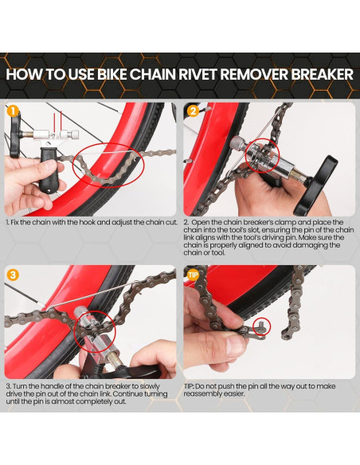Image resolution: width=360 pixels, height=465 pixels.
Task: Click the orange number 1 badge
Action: pyautogui.click(x=14, y=111)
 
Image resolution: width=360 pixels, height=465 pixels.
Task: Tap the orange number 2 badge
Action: pyautogui.click(x=192, y=111)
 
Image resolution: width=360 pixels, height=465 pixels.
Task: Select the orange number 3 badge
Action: pyautogui.click(x=14, y=275)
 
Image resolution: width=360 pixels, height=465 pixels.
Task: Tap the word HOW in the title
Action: pyautogui.click(x=25, y=74)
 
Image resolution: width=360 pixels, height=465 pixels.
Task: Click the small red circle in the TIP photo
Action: pyautogui.click(x=262, y=328)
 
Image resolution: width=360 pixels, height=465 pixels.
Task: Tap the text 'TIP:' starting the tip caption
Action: pyautogui.click(x=191, y=385)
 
